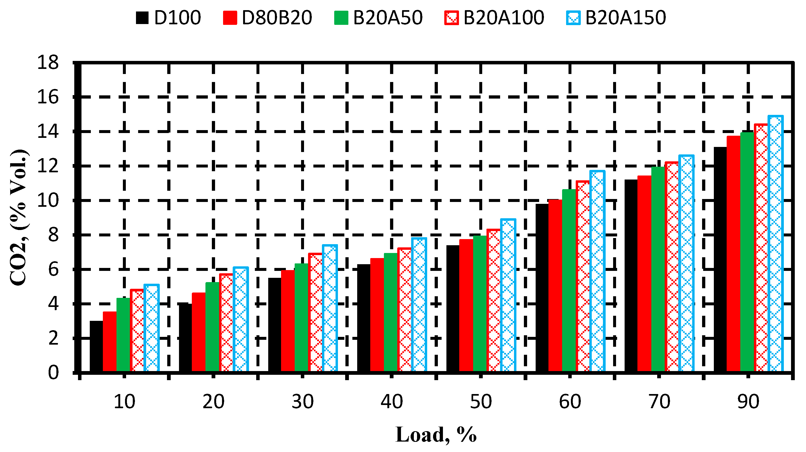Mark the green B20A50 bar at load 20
click(x=212, y=327)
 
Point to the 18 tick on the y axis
click(x=48, y=63)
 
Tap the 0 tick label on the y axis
click(x=53, y=373)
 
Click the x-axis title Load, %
click(x=436, y=435)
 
